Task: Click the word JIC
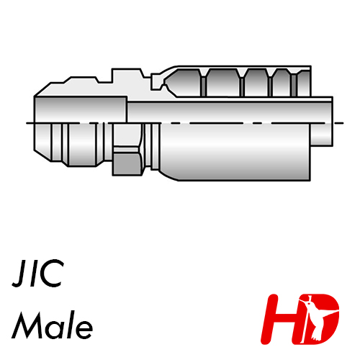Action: tap(38, 274)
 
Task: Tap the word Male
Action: tap(53, 325)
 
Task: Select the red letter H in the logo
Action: tap(281, 319)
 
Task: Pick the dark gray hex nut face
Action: tap(127, 164)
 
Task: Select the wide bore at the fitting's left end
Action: tap(81, 109)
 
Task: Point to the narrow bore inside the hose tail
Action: tap(229, 112)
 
